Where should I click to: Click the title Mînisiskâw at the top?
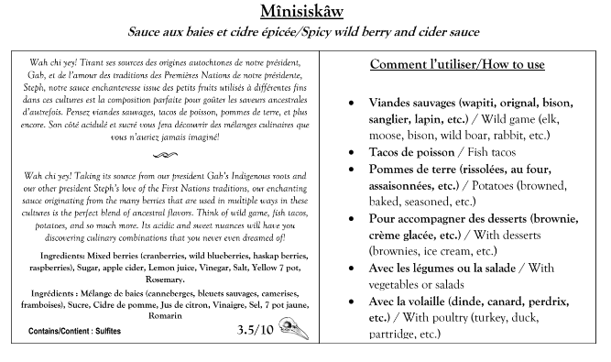pyautogui.click(x=305, y=12)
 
